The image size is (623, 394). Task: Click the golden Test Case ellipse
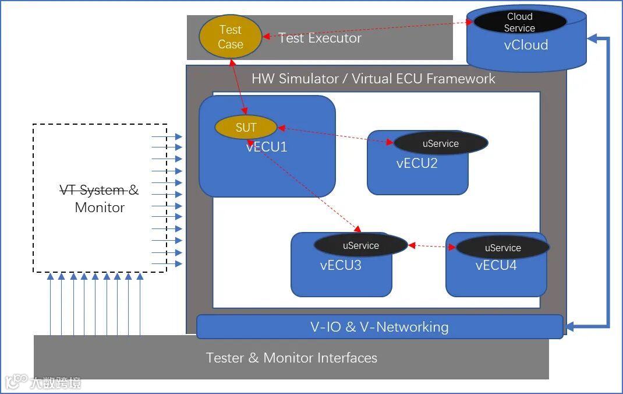(231, 37)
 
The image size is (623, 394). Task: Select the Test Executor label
(320, 38)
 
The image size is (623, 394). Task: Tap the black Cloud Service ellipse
(519, 22)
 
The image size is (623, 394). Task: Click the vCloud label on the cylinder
(526, 45)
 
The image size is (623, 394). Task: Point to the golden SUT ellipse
(246, 128)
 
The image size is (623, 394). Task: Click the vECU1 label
(267, 147)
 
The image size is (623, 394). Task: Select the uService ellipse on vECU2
(440, 143)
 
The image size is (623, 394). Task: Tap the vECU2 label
(416, 163)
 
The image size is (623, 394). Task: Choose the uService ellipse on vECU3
(360, 245)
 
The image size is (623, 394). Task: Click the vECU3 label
(341, 266)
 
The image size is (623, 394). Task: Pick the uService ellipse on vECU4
(502, 248)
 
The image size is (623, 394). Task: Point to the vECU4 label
(496, 266)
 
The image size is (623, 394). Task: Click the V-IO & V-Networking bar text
(379, 327)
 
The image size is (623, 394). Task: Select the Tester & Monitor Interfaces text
(291, 358)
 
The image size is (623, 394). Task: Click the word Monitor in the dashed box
(100, 207)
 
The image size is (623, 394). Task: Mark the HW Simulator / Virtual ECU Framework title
(373, 79)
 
